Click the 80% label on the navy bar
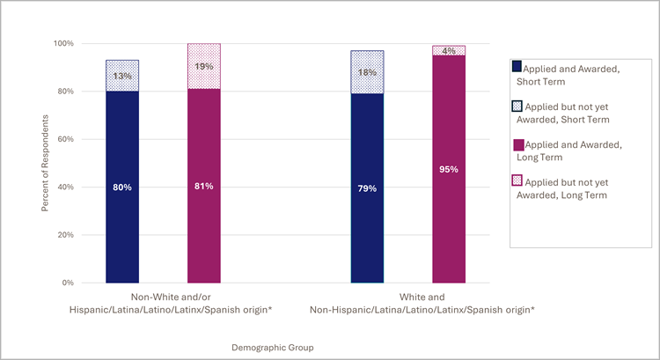[122, 187]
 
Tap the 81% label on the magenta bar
[204, 187]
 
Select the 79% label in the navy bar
[367, 187]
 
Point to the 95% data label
[449, 169]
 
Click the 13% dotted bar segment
[122, 76]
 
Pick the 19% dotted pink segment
[204, 66]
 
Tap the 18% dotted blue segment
[367, 72]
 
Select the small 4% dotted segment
[449, 51]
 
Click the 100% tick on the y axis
[62, 43]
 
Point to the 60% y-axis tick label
[65, 139]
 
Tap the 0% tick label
[68, 283]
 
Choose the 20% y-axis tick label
[65, 235]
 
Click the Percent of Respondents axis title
[45, 163]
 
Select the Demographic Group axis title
[272, 348]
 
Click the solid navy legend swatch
[517, 66]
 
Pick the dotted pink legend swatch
[517, 181]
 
